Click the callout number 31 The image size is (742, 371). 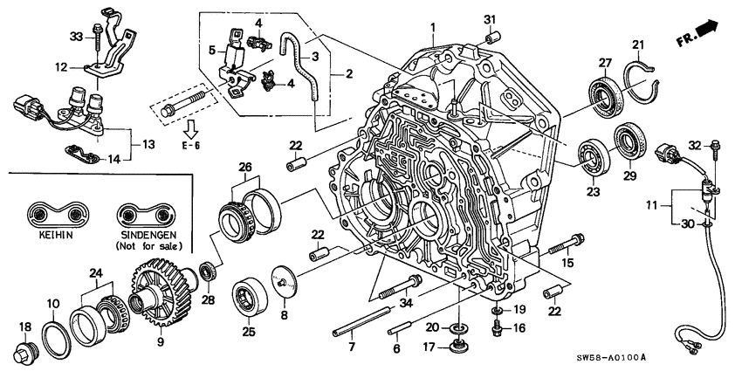pyautogui.click(x=489, y=20)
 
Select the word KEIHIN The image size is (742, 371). pyautogui.click(x=52, y=235)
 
